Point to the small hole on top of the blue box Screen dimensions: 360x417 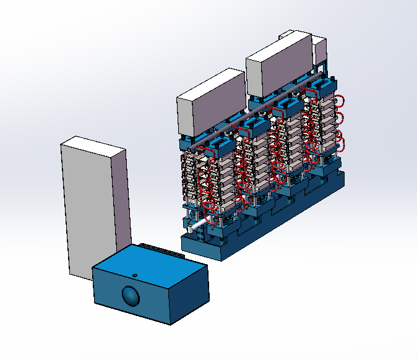[134, 273]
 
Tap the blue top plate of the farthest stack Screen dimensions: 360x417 [326, 85]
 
